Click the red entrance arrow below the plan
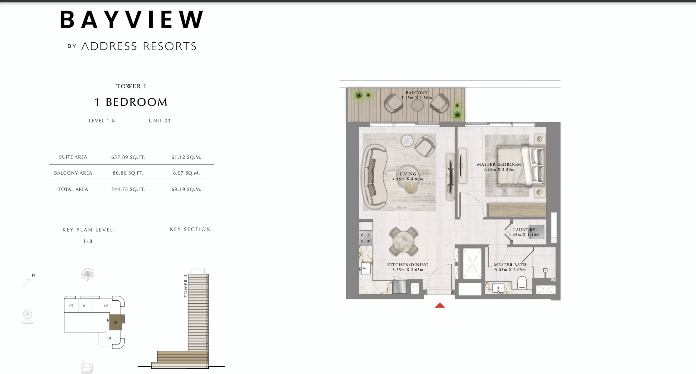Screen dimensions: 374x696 pyautogui.click(x=440, y=305)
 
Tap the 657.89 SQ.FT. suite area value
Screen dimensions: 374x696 pyautogui.click(x=128, y=157)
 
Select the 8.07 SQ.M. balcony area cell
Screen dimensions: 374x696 pyautogui.click(x=186, y=173)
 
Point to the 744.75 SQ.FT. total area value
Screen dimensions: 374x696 pyautogui.click(x=128, y=189)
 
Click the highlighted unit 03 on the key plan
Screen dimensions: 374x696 pyautogui.click(x=116, y=322)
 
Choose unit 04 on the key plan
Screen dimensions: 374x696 pyautogui.click(x=109, y=338)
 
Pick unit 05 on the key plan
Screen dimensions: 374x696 pyautogui.click(x=71, y=306)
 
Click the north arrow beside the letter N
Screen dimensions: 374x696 pyautogui.click(x=27, y=283)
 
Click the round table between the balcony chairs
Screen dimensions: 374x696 pyautogui.click(x=417, y=106)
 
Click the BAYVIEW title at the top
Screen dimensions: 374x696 pyautogui.click(x=132, y=20)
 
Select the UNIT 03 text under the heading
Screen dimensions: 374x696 pyautogui.click(x=160, y=121)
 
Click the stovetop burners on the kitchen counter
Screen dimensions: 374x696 pyautogui.click(x=365, y=238)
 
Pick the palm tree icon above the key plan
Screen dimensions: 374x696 pyautogui.click(x=88, y=274)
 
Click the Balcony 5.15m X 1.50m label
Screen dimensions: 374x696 pyautogui.click(x=417, y=95)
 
